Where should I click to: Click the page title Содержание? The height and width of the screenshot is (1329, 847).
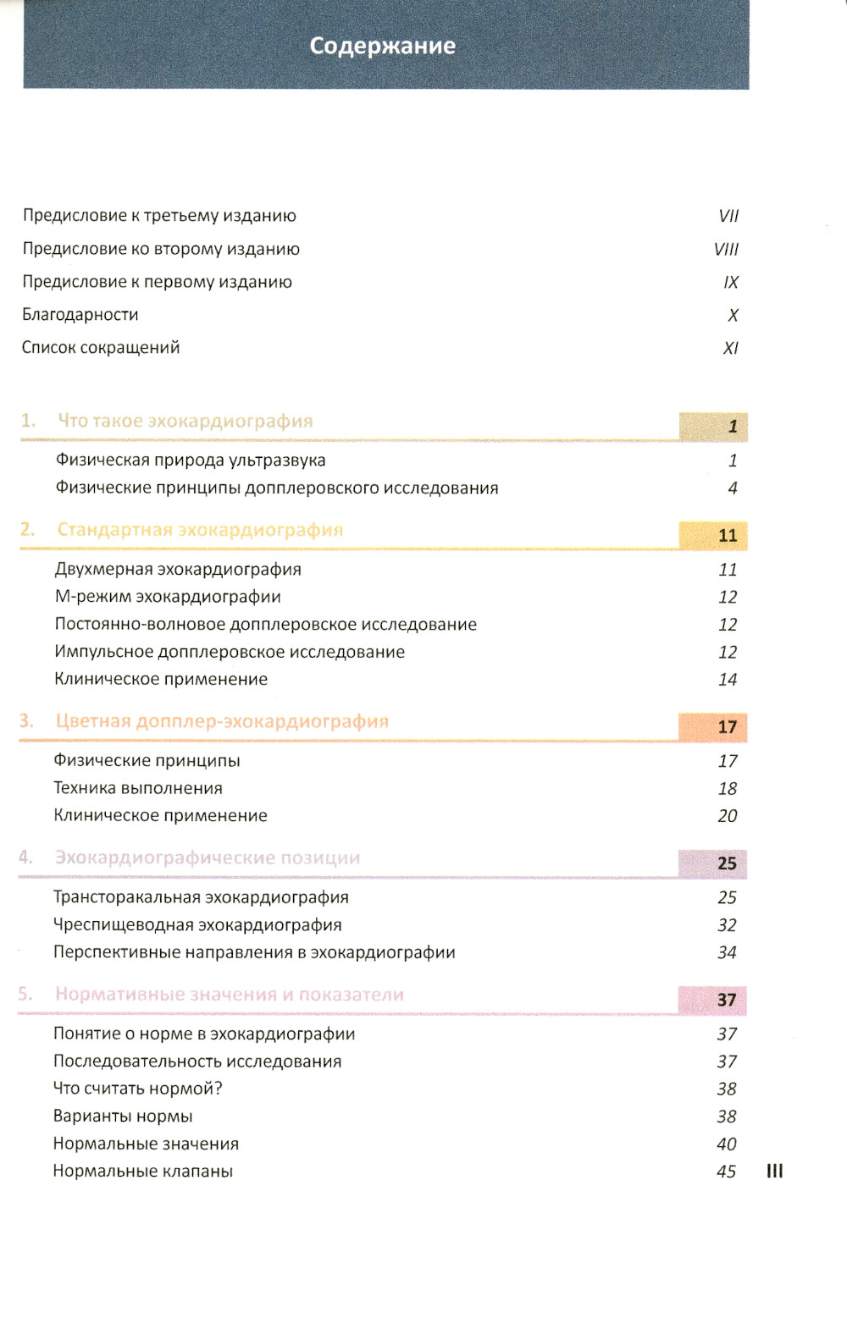pyautogui.click(x=383, y=46)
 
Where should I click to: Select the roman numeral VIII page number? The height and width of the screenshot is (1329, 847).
pyautogui.click(x=726, y=250)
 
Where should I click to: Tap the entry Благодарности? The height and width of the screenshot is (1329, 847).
pyautogui.click(x=80, y=315)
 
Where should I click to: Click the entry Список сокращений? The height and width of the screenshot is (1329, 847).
pyautogui.click(x=101, y=348)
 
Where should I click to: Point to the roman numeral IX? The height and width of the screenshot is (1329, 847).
pyautogui.click(x=731, y=283)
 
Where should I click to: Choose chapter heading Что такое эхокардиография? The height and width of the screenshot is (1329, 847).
pyautogui.click(x=185, y=422)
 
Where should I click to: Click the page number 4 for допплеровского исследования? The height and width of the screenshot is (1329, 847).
pyautogui.click(x=733, y=488)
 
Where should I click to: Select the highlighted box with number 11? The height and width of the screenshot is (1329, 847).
pyautogui.click(x=713, y=535)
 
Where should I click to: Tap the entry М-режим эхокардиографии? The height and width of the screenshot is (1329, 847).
pyautogui.click(x=168, y=597)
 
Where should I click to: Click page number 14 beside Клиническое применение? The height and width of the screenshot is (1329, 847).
pyautogui.click(x=728, y=680)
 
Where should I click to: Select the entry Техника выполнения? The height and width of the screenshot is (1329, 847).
pyautogui.click(x=138, y=788)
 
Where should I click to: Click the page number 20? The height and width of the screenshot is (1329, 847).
pyautogui.click(x=728, y=816)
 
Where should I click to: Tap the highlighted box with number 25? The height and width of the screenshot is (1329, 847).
pyautogui.click(x=713, y=863)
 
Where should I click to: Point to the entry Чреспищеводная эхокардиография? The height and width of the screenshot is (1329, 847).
pyautogui.click(x=197, y=925)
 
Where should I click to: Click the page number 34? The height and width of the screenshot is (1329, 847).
pyautogui.click(x=727, y=953)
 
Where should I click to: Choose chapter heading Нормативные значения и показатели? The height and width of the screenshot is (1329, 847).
pyautogui.click(x=230, y=995)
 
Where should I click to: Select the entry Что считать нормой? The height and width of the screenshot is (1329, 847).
pyautogui.click(x=138, y=1089)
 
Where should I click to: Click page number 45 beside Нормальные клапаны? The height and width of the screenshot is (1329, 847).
pyautogui.click(x=726, y=1172)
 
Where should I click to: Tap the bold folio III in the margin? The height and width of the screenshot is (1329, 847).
pyautogui.click(x=775, y=1172)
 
